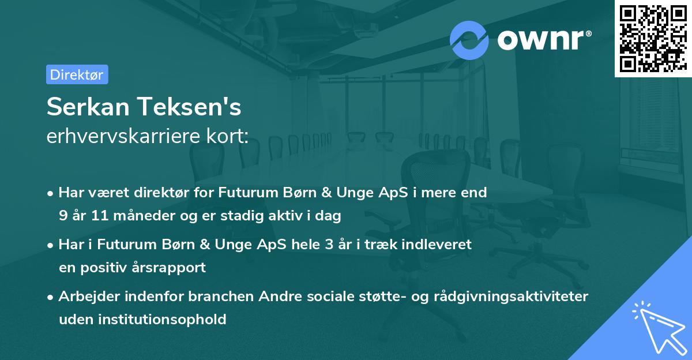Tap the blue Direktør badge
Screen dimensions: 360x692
point(77,74)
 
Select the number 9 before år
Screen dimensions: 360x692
point(63,216)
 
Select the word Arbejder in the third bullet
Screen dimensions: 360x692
point(86,297)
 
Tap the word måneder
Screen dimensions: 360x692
point(138,216)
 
